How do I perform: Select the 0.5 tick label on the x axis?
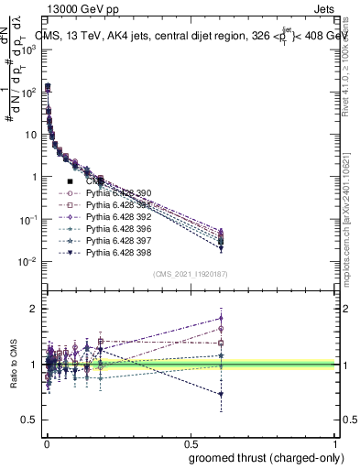click(190, 442)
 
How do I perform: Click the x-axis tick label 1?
click(335, 442)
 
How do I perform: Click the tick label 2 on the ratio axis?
click(31, 309)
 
